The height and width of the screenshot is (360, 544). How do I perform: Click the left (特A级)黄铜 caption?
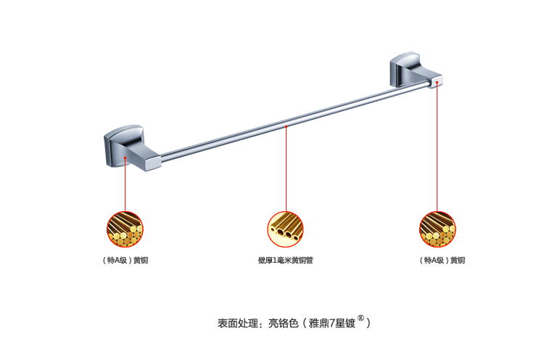point(125,260)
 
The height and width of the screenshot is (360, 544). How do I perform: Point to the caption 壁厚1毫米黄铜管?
point(285,260)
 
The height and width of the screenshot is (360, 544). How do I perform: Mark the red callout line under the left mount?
point(125,185)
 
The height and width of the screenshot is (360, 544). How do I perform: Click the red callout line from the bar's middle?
point(286,171)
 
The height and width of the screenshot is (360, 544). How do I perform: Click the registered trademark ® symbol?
point(360,317)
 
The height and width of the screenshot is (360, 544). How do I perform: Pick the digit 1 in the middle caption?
point(279,260)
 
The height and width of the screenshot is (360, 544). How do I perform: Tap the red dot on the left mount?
point(125,157)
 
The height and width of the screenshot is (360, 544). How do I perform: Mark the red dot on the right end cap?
point(437,83)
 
